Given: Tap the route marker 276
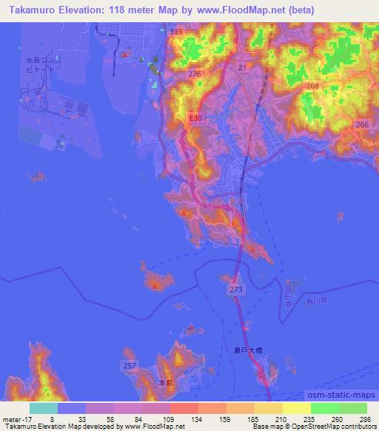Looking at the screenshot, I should pos(195,75).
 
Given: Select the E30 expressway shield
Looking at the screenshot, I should pos(195,118).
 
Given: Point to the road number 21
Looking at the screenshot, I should pos(241,67).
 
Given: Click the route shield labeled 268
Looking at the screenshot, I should pos(312,87).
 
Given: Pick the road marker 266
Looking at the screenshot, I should pos(362,125).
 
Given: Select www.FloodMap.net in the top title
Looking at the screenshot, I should pos(249,10).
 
